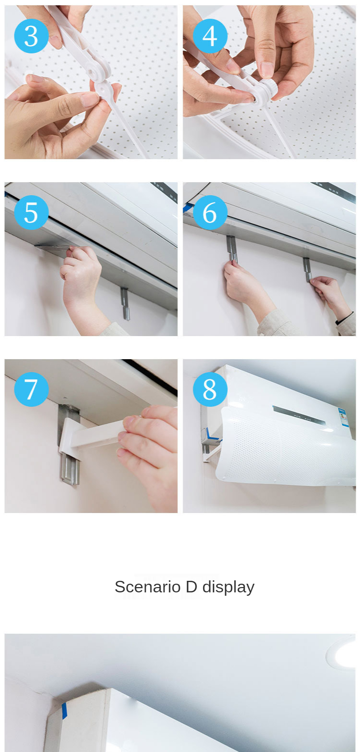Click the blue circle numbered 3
31,36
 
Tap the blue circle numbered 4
210,36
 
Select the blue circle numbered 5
31,213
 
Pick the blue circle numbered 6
210,213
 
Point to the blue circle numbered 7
31,389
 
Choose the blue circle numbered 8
210,389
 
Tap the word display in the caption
228,588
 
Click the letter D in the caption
191,587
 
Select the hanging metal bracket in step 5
125,303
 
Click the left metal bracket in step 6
232,249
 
